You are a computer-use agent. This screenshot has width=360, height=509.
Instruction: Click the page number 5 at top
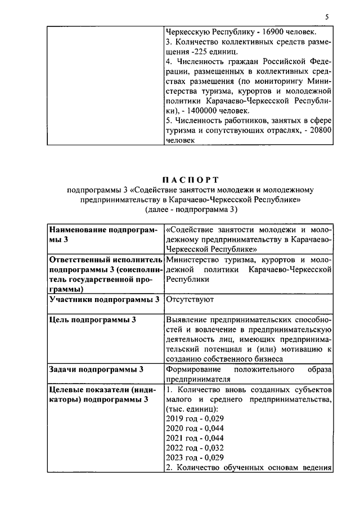[326, 17]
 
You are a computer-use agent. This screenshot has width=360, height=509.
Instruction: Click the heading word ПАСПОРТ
[191, 180]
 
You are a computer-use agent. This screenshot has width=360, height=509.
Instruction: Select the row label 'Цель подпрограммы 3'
[92, 319]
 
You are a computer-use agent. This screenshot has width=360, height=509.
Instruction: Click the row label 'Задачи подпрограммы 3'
[96, 370]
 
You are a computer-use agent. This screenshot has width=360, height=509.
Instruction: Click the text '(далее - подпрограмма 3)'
[191, 210]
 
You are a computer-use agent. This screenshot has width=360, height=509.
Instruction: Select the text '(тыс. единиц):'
[191, 409]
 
